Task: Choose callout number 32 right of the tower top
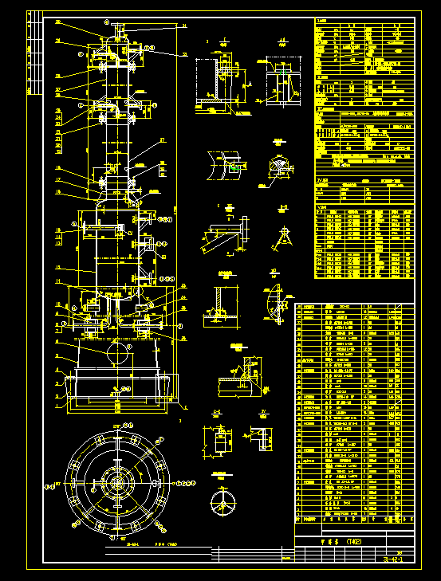pos(184,54)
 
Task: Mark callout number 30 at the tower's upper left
pos(57,22)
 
